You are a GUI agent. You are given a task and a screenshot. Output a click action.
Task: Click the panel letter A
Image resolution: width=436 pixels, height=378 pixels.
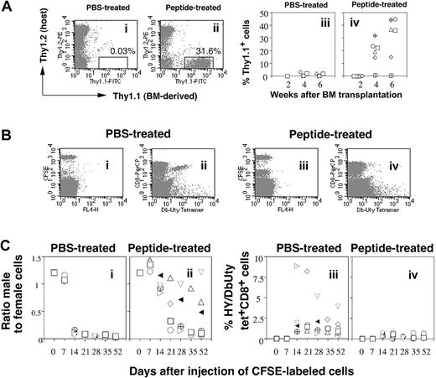(8, 8)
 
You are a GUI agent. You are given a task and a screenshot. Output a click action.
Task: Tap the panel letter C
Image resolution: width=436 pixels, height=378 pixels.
(8, 247)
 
